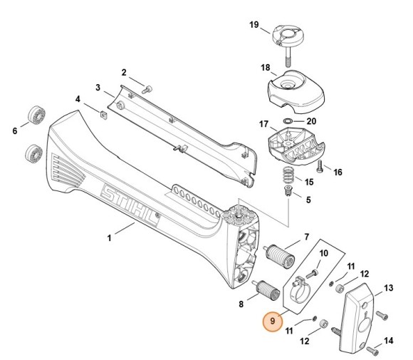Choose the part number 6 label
pyautogui.click(x=14, y=130)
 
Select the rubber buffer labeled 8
pyautogui.click(x=268, y=292)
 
